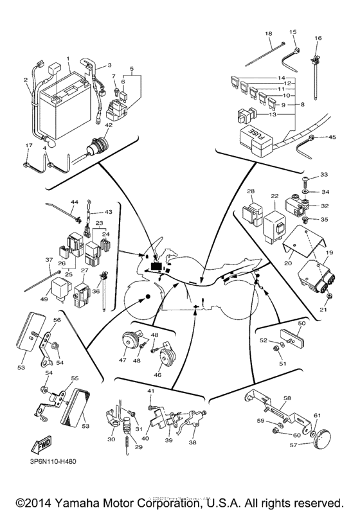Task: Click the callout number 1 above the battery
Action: tap(67, 58)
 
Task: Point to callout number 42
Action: tap(109, 126)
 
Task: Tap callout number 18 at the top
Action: tap(268, 33)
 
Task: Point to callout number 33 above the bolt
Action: tap(324, 175)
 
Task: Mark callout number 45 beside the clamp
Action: tap(332, 137)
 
